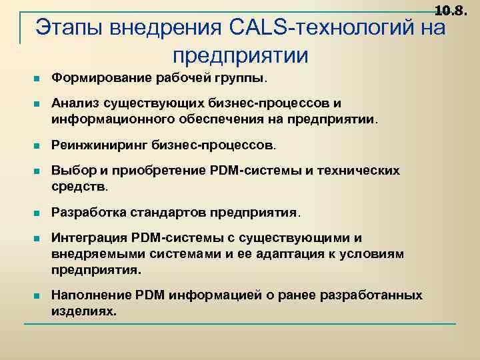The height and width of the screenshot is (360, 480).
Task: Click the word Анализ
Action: click(x=75, y=103)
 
